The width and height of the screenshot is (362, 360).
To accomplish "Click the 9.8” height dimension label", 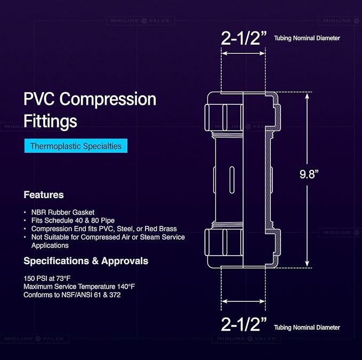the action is [x=309, y=174].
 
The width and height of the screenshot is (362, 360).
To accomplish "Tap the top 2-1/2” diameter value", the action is [x=244, y=38].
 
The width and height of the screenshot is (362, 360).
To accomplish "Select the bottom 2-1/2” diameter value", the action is [x=244, y=324].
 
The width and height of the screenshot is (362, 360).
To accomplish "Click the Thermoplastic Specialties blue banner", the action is [x=76, y=146].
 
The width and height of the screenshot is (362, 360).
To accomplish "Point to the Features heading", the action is [x=44, y=195].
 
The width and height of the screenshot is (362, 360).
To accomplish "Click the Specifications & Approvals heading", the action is [x=86, y=261].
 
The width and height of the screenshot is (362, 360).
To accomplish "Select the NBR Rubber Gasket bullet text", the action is [x=63, y=212].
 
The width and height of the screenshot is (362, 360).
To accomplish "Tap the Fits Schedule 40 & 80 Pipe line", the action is [x=73, y=220].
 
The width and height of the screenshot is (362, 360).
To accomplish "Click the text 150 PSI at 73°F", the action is [x=47, y=279].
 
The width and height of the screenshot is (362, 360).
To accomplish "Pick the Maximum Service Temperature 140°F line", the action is [x=79, y=287].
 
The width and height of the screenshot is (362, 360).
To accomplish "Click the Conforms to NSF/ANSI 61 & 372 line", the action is [x=72, y=295].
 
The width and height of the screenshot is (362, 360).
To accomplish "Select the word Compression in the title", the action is [x=108, y=100].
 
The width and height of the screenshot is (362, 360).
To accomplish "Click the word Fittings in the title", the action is [x=50, y=121].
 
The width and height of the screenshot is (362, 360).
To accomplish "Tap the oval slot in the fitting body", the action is [x=232, y=179].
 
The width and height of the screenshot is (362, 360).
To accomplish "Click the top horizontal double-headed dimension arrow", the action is [x=243, y=53].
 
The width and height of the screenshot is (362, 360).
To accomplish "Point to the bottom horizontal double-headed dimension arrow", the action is [x=243, y=301].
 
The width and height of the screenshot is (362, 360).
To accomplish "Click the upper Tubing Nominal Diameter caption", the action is [x=307, y=38].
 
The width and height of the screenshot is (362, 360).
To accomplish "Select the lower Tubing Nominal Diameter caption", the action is [x=307, y=328].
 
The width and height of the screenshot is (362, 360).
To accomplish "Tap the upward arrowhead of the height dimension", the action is [x=307, y=95].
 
